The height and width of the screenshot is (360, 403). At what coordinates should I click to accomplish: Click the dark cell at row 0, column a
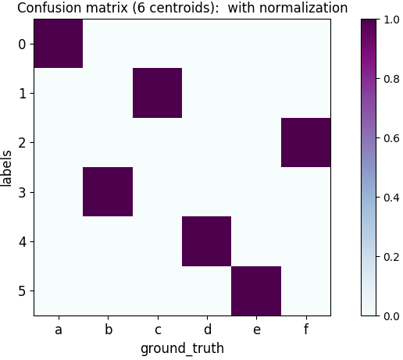[x=58, y=44]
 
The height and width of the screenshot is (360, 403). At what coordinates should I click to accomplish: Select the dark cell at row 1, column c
[x=157, y=93]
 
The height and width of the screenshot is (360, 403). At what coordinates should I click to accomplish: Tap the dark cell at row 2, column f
[x=305, y=142]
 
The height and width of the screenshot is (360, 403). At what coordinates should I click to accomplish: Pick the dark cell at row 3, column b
[x=108, y=191]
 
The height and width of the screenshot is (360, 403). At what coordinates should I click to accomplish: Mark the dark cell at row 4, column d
[x=206, y=241]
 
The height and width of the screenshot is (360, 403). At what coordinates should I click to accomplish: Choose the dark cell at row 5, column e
[x=256, y=290]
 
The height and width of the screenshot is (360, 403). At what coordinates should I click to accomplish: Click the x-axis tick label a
[x=58, y=330]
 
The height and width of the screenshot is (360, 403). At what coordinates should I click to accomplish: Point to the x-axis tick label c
[x=157, y=330]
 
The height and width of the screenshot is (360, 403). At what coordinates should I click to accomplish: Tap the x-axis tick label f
[x=305, y=330]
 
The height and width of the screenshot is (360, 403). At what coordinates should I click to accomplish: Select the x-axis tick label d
[x=206, y=330]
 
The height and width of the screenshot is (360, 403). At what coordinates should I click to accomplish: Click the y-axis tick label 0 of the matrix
[x=22, y=44]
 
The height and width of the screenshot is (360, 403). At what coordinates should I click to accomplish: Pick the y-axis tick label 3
[x=22, y=192]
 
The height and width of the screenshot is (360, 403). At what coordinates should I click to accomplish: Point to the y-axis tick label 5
[x=22, y=290]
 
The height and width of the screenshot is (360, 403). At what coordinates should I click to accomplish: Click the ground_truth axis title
[x=182, y=348]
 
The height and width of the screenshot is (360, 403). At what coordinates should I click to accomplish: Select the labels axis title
[x=7, y=167]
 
